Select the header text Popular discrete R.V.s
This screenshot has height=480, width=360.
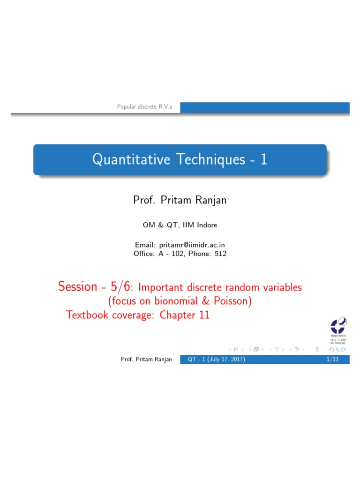[x=144, y=107]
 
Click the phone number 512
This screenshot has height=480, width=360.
[x=220, y=254]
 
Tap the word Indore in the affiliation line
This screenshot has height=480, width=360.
[x=206, y=225]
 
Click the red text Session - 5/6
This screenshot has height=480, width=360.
[x=94, y=286]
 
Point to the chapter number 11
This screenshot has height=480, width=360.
[x=204, y=315]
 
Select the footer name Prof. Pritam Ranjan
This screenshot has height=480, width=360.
[x=146, y=360]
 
